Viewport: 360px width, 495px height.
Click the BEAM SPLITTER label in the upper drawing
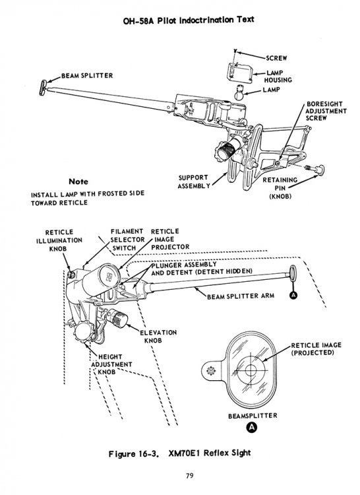coord(86,75)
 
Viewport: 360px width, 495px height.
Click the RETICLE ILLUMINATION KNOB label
coord(63,241)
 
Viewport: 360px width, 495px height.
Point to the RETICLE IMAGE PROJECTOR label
coord(170,239)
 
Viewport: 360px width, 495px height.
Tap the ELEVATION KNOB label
coord(158,337)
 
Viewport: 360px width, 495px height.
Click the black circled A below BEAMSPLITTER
coord(251,428)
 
